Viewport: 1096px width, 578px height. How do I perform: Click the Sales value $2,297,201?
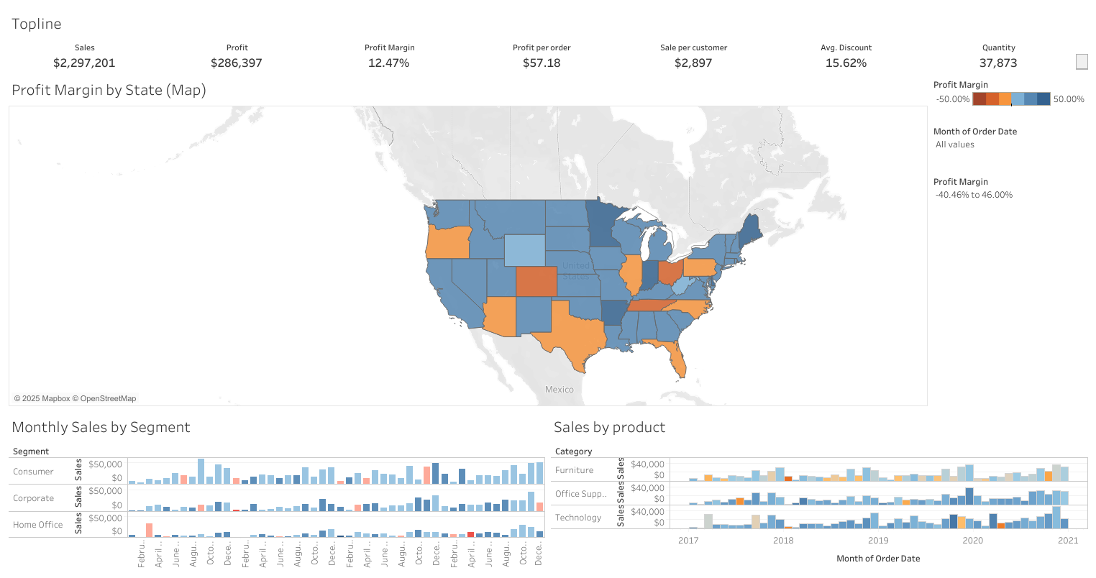click(x=84, y=63)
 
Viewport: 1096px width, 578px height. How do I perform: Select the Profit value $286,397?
click(x=237, y=63)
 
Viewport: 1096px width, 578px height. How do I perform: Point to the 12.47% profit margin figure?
click(x=388, y=63)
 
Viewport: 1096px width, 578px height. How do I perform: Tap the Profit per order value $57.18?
click(x=542, y=63)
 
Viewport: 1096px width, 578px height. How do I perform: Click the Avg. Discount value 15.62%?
click(x=846, y=63)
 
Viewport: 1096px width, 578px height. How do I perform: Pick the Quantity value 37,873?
click(x=998, y=63)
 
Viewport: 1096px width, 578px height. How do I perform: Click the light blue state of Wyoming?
click(x=524, y=250)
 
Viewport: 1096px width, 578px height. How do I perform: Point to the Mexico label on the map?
click(x=559, y=390)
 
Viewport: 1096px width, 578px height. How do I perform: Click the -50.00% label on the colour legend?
click(x=952, y=99)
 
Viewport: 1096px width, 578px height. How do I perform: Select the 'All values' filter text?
click(x=954, y=144)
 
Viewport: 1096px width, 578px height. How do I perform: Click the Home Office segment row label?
click(x=37, y=525)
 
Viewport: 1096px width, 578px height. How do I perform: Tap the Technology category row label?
click(x=577, y=518)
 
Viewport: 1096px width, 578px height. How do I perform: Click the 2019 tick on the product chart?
click(x=877, y=541)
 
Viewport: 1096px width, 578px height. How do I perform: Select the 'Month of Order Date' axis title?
click(x=877, y=559)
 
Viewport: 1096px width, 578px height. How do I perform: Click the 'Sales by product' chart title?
click(x=609, y=428)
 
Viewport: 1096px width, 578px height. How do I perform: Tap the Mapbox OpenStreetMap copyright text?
click(x=75, y=398)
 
